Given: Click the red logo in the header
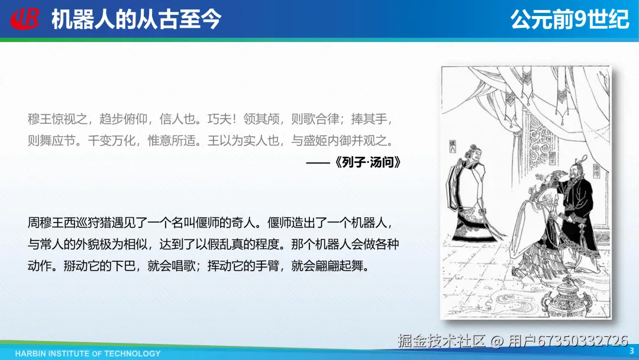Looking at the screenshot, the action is coord(25,18).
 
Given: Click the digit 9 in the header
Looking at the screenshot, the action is coord(579,19).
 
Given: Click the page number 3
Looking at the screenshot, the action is coord(632,351).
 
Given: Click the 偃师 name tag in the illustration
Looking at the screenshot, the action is coord(597,171).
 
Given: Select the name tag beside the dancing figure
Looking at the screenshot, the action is coord(453,146).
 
